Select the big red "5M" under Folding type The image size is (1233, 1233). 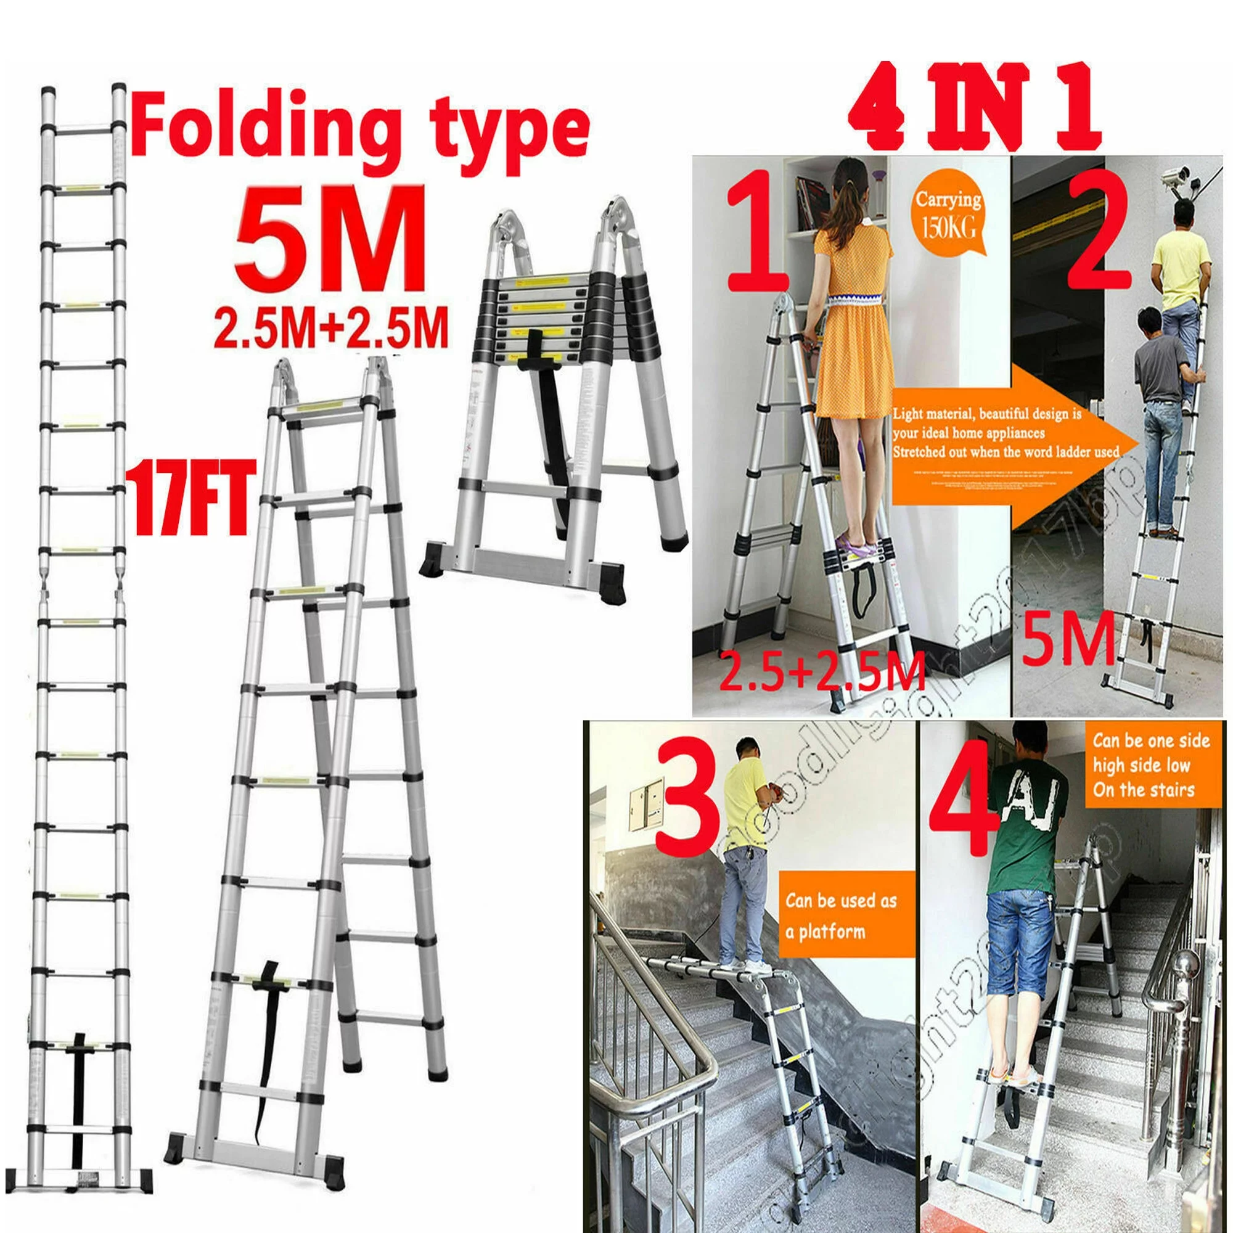(x=330, y=238)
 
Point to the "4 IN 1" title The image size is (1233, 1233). (x=975, y=107)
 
